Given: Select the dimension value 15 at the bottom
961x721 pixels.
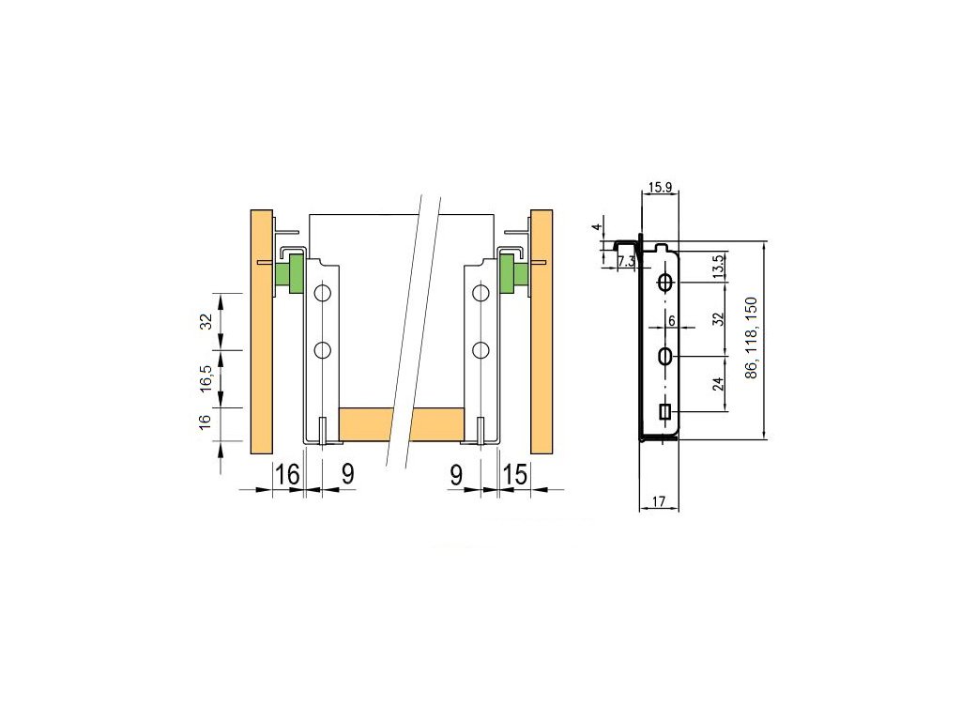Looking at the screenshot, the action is (515, 474).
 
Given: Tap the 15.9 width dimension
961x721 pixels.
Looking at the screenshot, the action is (660, 187).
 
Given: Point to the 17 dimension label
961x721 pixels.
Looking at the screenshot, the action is (659, 501).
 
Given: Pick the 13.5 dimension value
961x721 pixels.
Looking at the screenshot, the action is (720, 267).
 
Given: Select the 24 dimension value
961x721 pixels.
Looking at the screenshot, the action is (719, 384).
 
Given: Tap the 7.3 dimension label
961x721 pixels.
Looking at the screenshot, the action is (626, 262).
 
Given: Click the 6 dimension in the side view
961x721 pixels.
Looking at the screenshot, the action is (672, 321).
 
